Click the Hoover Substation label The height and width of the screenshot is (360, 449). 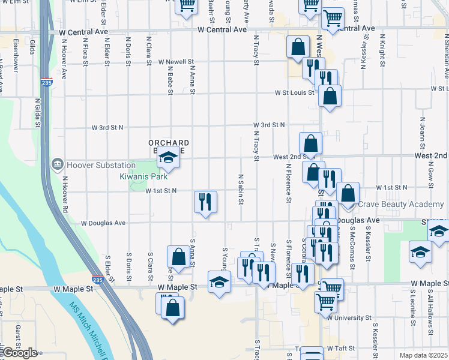(94, 165)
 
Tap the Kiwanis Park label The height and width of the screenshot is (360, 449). (142, 177)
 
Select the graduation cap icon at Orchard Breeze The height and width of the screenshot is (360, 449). (169, 159)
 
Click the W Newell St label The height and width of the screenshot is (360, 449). (176, 61)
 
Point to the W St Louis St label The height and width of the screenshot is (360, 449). (295, 93)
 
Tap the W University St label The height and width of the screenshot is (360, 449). (349, 318)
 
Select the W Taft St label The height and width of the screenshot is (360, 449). (342, 348)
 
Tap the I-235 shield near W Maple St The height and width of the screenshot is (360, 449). (97, 280)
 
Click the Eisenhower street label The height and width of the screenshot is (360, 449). (14, 56)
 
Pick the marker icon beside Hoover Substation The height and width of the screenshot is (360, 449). (58, 164)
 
